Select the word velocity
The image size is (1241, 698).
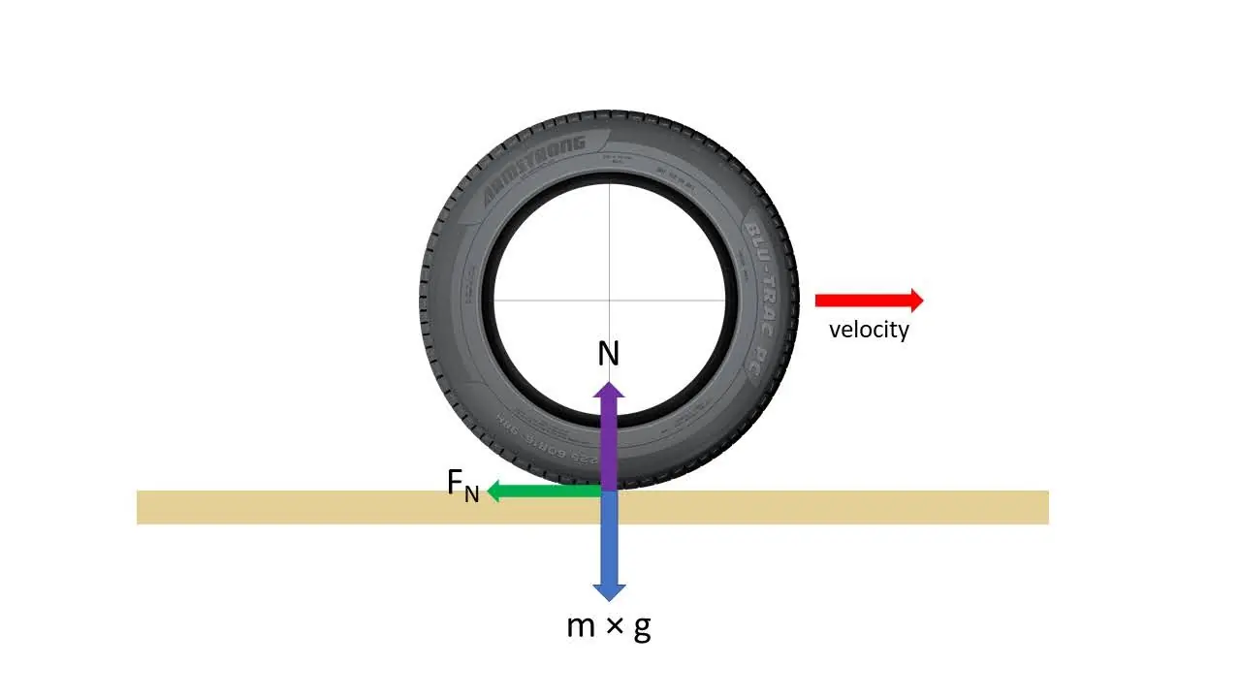[869, 330]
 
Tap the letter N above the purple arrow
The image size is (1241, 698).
[608, 355]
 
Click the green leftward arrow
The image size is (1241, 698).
[543, 492]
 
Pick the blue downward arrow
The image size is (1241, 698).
[609, 543]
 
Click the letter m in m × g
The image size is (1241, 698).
[581, 627]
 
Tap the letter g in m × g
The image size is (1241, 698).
[642, 628]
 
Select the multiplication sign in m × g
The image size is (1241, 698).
[613, 628]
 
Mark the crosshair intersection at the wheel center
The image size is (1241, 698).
[610, 300]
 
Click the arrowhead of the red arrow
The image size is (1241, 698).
[913, 301]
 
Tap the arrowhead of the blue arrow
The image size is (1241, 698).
[609, 590]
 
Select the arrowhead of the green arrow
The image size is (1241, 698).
[493, 492]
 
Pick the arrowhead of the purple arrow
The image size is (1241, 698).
[609, 391]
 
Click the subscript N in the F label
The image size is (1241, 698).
[472, 494]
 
